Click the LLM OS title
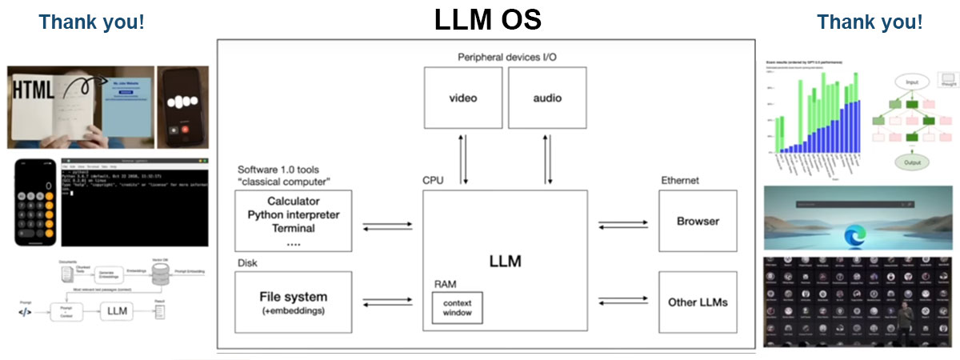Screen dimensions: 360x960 pyautogui.click(x=487, y=20)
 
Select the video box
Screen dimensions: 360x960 pyautogui.click(x=463, y=98)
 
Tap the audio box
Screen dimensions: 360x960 pyautogui.click(x=547, y=98)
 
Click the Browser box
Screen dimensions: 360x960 pyautogui.click(x=698, y=221)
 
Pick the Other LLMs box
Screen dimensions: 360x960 pyautogui.click(x=698, y=302)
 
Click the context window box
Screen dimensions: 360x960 pyautogui.click(x=458, y=307)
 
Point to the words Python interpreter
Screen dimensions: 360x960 pyautogui.click(x=294, y=214)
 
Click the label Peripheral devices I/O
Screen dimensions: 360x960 pyautogui.click(x=506, y=57)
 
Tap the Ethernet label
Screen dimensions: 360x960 pyautogui.click(x=680, y=181)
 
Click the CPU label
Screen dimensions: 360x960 pyautogui.click(x=433, y=181)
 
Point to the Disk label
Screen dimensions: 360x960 pyautogui.click(x=247, y=262)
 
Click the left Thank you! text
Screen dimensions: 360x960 pyautogui.click(x=92, y=22)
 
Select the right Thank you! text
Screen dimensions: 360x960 pyautogui.click(x=870, y=22)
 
